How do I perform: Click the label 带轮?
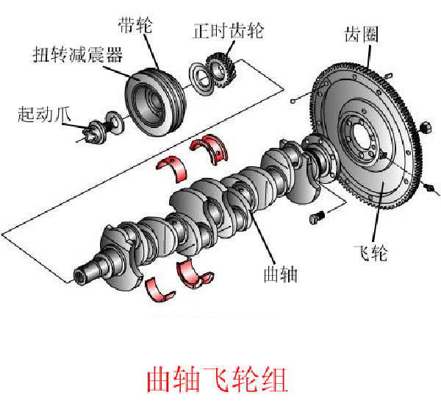[135, 26]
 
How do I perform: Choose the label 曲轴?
[280, 274]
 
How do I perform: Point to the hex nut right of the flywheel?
[424, 130]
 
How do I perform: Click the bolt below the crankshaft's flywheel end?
[317, 217]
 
